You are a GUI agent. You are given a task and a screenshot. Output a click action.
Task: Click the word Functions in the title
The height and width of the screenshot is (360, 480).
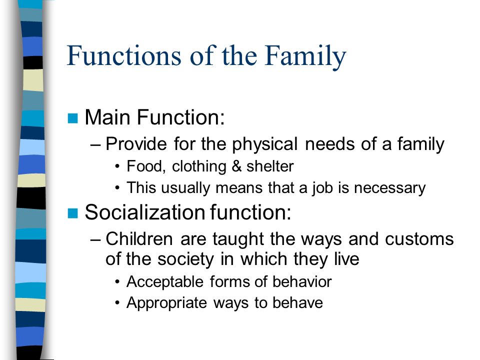coord(124,55)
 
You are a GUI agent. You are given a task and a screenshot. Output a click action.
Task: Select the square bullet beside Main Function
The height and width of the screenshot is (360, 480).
coord(72,118)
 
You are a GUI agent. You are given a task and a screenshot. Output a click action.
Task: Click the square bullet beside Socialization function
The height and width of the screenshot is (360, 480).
coord(72,213)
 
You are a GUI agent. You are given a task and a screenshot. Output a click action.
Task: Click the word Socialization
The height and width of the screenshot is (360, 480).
coord(145,212)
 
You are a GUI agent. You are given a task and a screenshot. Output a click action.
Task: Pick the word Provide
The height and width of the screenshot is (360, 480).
coord(136,143)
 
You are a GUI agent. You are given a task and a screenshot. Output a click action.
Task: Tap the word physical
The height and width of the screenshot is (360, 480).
coord(264,144)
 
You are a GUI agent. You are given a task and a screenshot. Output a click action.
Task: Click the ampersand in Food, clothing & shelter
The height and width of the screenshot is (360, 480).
coord(236,166)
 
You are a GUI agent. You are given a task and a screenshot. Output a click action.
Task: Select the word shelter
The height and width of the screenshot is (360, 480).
coord(270,166)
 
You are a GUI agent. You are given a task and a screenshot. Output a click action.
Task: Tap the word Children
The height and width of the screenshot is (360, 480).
coord(139,238)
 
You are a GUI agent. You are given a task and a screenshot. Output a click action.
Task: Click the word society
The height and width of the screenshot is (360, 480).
coord(185,259)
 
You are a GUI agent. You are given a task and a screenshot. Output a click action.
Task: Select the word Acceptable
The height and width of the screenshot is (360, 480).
coord(165,281)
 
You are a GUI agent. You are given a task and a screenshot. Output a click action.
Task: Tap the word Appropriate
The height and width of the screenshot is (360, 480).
coord(167,303)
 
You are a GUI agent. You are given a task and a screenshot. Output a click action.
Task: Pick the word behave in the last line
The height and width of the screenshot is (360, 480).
coord(297,302)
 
